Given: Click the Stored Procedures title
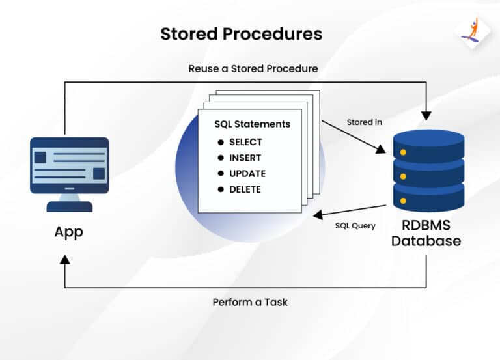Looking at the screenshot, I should [241, 34].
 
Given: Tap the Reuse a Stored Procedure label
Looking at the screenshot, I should [253, 68].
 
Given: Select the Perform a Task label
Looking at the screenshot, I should [250, 302].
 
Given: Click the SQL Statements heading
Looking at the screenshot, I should [253, 124].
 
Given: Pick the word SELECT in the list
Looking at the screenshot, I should [245, 142].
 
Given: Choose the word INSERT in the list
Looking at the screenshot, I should [245, 158].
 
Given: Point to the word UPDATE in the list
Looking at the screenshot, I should [247, 174].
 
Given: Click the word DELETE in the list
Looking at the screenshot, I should [245, 189].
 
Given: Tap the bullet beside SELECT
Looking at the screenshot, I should [220, 142].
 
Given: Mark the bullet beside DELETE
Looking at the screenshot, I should [220, 189].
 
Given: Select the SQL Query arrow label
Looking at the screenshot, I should [355, 226].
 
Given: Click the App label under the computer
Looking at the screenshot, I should [69, 232].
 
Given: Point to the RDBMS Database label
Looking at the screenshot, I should [427, 232].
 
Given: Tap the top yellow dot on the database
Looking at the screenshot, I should [403, 152].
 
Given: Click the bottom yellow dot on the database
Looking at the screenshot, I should [403, 201].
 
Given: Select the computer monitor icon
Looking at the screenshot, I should [69, 173].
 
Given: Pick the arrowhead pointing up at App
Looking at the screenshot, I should [64, 259].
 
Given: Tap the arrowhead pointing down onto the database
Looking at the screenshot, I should [426, 116].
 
